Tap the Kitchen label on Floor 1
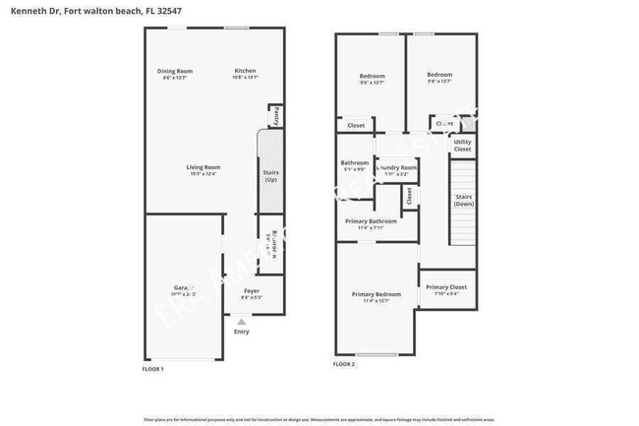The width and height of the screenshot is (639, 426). click(x=245, y=71)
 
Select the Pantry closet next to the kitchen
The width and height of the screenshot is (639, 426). click(x=277, y=116)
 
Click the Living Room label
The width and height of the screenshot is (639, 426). click(x=203, y=167)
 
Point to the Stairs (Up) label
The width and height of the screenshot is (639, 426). click(x=270, y=176)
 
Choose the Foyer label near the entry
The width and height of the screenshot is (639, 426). click(x=251, y=291)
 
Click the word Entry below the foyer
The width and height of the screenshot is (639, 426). click(x=241, y=332)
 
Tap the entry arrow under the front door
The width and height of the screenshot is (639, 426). click(x=241, y=321)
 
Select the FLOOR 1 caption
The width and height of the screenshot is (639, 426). click(x=153, y=368)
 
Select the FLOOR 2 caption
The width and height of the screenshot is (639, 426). click(x=344, y=364)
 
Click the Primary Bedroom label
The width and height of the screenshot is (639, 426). click(x=377, y=294)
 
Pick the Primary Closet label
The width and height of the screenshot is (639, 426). click(x=446, y=287)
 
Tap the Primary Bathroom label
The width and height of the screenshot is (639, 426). click(x=371, y=221)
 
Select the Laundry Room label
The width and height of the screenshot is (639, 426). click(x=397, y=168)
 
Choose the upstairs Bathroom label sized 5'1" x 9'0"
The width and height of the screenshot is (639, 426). click(x=355, y=163)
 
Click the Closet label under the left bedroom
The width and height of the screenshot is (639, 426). click(x=356, y=125)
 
